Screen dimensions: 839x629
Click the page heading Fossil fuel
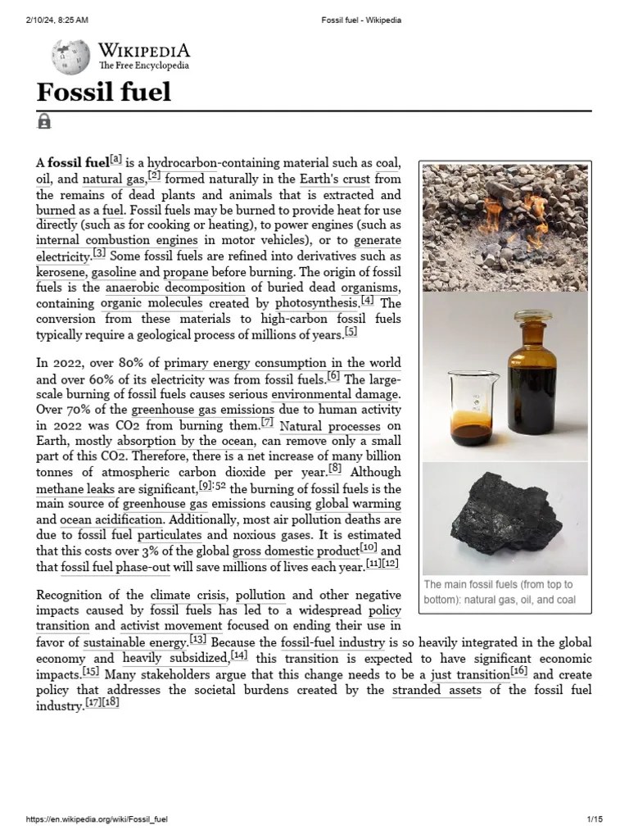pos(103,91)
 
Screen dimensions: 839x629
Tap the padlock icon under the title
pos(44,122)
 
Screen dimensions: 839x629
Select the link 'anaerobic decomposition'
pos(175,288)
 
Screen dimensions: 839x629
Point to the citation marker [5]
pos(351,332)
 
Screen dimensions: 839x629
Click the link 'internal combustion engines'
pos(117,241)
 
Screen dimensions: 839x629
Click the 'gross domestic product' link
pos(296,551)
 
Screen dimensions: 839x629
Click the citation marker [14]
pos(239,656)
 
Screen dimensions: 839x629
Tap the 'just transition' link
pos(469,676)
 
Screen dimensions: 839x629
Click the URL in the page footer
pos(98,819)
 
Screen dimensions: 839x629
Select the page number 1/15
pos(595,819)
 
